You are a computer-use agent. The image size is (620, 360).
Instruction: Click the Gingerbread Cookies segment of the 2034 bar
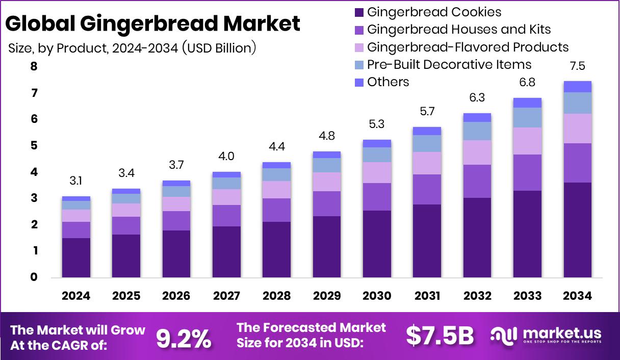click(577, 229)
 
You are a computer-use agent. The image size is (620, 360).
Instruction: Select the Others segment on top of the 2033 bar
click(527, 102)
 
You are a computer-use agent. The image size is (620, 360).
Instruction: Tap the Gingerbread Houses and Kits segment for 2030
click(377, 197)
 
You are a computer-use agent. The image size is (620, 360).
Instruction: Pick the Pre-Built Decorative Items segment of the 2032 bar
click(477, 131)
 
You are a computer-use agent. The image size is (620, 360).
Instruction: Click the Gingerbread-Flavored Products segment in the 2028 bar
click(276, 190)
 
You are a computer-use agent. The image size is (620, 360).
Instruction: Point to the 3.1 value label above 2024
click(76, 181)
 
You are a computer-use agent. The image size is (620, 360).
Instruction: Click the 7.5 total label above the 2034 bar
click(578, 66)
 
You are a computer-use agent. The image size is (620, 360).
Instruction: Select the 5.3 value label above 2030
click(377, 124)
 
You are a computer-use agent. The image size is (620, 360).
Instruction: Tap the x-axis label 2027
click(226, 296)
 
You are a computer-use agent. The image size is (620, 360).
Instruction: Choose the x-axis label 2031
click(427, 296)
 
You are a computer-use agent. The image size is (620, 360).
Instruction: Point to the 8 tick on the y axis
click(34, 67)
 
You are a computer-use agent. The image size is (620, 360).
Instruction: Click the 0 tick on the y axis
click(34, 277)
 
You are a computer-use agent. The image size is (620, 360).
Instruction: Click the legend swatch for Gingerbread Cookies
click(358, 12)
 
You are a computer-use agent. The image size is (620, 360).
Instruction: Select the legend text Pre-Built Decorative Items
click(449, 65)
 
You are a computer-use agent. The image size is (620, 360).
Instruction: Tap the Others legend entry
click(387, 82)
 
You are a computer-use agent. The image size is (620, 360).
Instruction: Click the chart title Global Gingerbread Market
click(153, 23)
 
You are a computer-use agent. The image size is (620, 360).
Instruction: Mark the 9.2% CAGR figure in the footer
click(184, 338)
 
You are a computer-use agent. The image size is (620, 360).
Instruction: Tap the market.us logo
click(546, 336)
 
